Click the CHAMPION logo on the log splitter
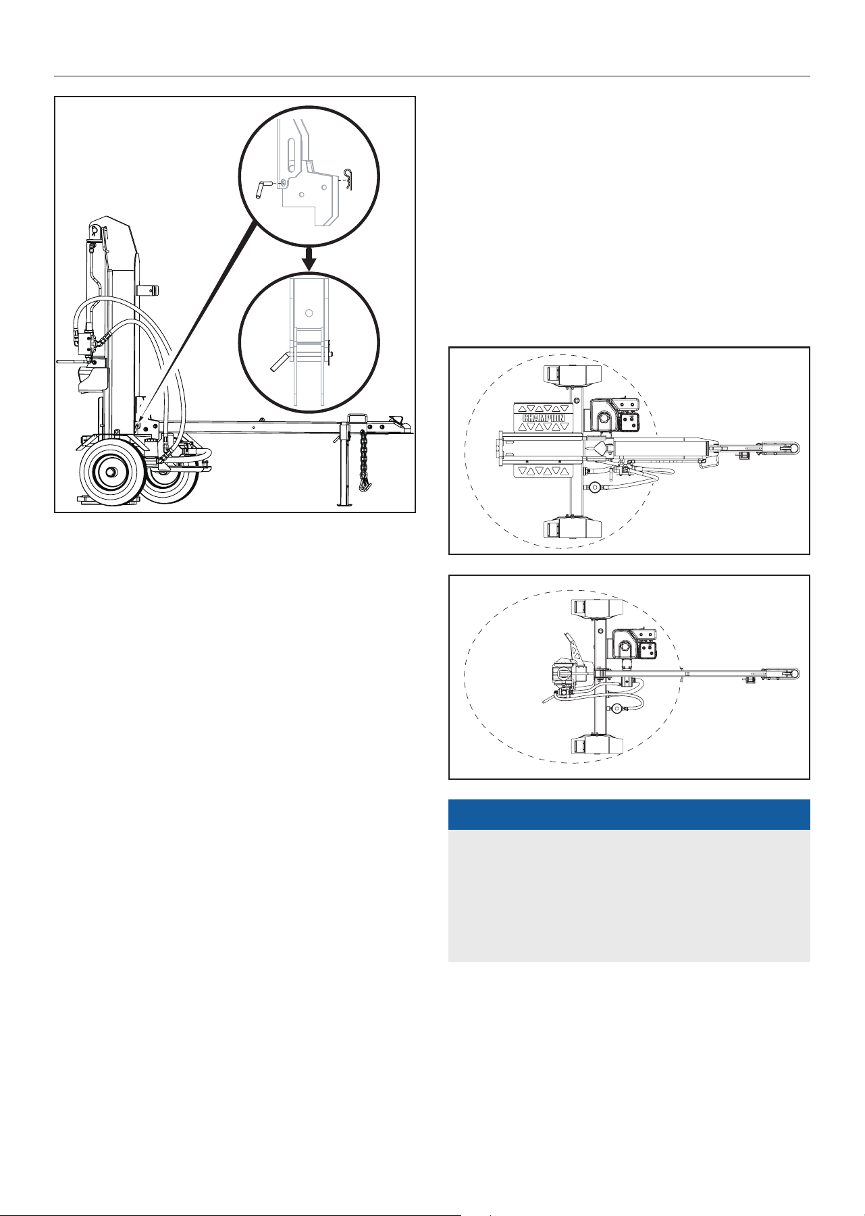click(x=544, y=417)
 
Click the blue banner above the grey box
click(x=629, y=814)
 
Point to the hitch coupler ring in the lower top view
click(x=793, y=673)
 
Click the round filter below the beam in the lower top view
click(x=618, y=708)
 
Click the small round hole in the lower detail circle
click(x=309, y=313)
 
